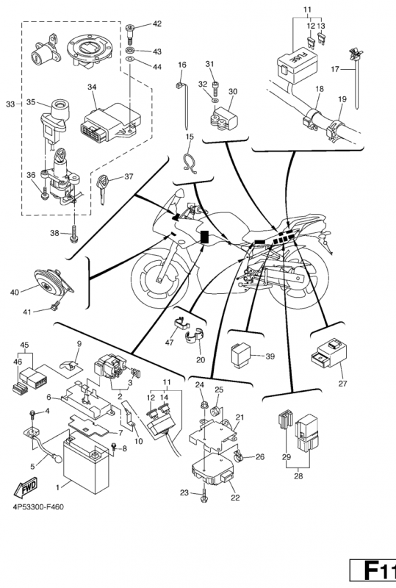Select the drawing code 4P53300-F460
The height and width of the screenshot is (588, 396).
(x=38, y=507)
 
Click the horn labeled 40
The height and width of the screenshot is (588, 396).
(x=52, y=283)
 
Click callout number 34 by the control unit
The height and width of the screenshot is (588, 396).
(x=93, y=87)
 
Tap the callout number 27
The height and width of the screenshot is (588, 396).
(x=343, y=383)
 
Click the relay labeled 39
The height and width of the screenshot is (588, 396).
(x=240, y=356)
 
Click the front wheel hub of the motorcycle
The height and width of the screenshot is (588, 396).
(x=159, y=279)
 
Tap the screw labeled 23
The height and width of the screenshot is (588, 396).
(x=204, y=495)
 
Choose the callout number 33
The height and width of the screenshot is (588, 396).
(x=10, y=104)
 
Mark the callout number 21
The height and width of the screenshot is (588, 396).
(x=240, y=417)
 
